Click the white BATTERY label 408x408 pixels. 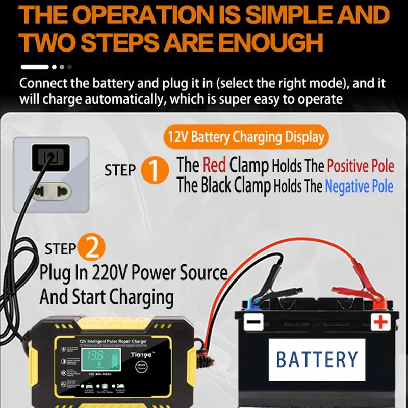(317, 359)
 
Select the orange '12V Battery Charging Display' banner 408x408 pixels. (246, 137)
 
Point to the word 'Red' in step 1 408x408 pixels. (214, 165)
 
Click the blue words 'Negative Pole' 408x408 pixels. (359, 187)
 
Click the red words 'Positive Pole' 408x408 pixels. (360, 166)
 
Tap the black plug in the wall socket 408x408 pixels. (50, 158)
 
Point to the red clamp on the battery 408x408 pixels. (357, 295)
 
